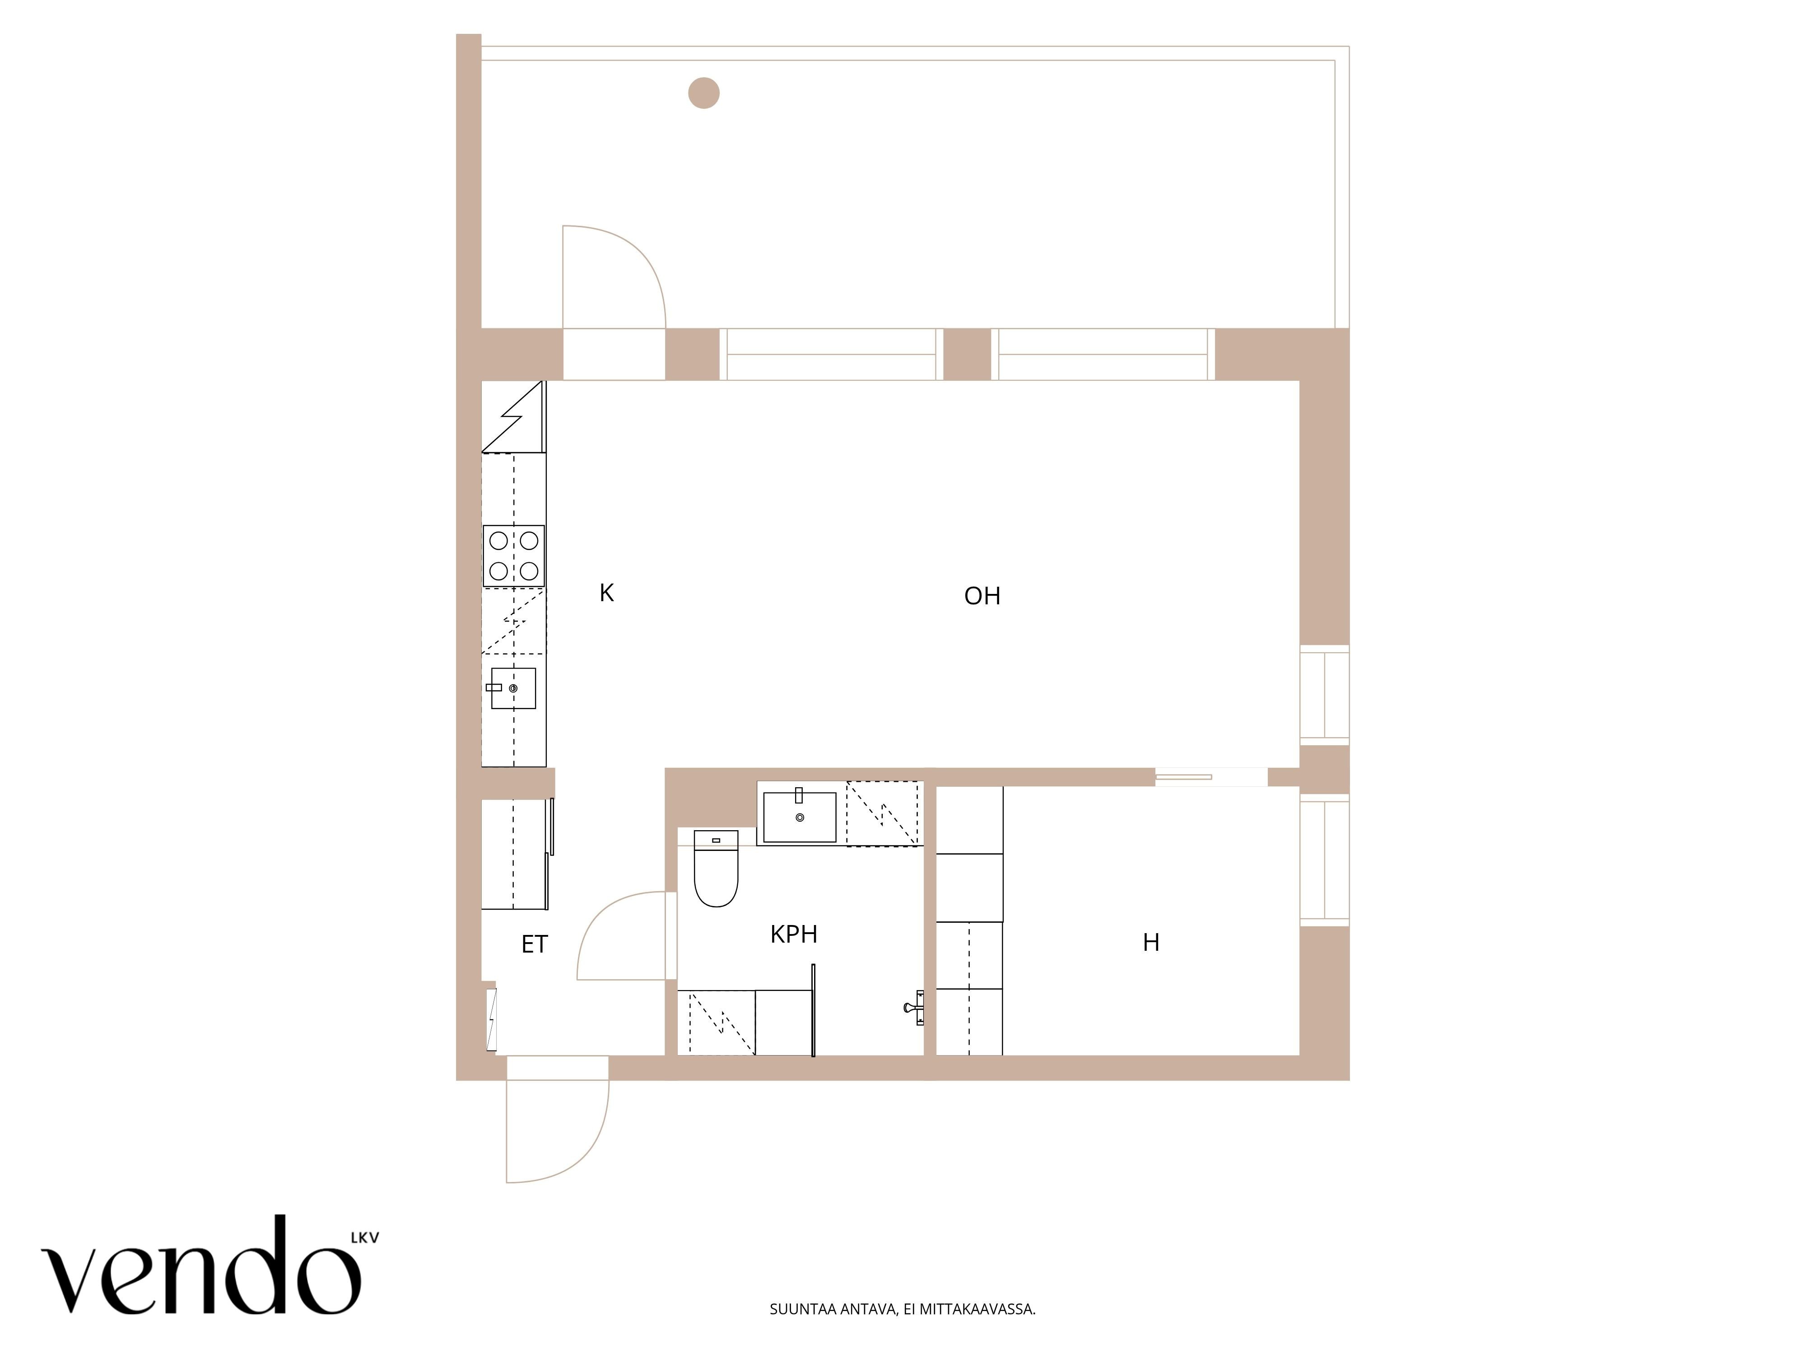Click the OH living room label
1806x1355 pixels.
tap(982, 596)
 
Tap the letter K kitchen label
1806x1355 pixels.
tap(607, 593)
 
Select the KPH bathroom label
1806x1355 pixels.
tap(794, 934)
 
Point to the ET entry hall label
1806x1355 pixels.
tap(534, 944)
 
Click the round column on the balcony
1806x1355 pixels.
tap(704, 93)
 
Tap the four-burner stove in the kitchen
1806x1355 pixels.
tap(513, 556)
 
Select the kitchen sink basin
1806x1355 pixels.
tap(513, 688)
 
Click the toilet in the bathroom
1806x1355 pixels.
tap(715, 869)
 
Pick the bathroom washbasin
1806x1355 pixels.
tap(799, 816)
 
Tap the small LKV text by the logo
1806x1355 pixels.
tap(365, 1238)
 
